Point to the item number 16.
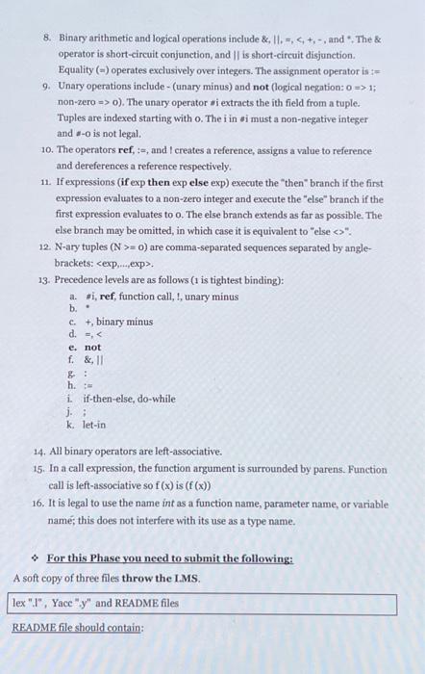[37, 504]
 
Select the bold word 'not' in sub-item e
[92, 347]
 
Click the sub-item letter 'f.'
[72, 359]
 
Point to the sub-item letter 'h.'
[72, 384]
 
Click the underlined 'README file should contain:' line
[77, 627]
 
